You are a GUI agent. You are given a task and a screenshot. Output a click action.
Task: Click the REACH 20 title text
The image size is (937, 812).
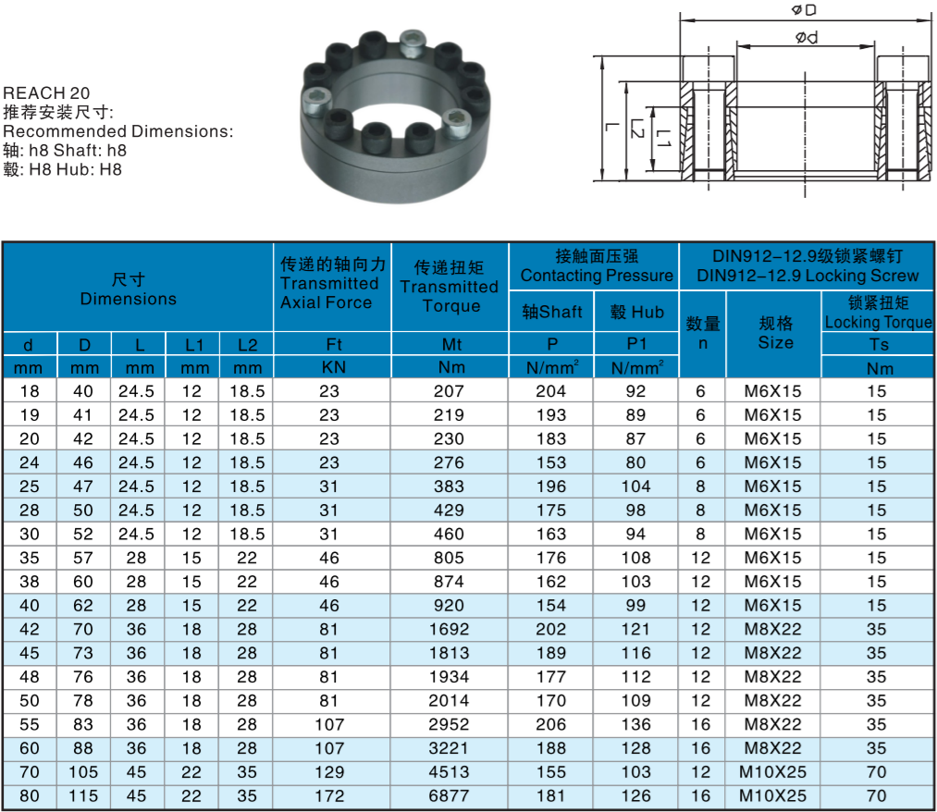tap(47, 93)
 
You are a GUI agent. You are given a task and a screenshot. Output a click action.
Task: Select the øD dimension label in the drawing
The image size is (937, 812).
tap(803, 10)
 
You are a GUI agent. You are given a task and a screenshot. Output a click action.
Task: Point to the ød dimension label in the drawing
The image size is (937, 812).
tap(806, 38)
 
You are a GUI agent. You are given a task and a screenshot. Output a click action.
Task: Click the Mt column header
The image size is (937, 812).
tap(450, 344)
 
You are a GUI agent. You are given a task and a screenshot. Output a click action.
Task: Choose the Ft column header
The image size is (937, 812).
tap(330, 344)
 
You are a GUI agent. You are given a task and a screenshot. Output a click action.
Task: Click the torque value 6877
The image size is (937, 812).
tap(450, 795)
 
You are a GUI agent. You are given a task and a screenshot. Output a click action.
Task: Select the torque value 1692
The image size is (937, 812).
tap(450, 629)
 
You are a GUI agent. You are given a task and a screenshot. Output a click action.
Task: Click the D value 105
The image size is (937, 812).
tap(84, 771)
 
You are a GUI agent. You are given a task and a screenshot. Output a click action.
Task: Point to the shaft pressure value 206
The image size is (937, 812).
tap(551, 724)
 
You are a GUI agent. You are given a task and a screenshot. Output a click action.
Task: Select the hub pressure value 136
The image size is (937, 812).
tap(636, 724)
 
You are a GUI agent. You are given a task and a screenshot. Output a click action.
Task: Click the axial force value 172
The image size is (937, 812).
tap(330, 795)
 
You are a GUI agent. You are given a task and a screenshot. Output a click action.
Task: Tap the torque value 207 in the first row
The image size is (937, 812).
tap(450, 391)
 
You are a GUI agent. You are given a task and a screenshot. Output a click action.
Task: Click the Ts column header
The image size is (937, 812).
tap(877, 344)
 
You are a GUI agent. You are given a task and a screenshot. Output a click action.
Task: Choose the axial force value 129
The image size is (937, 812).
tap(330, 771)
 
